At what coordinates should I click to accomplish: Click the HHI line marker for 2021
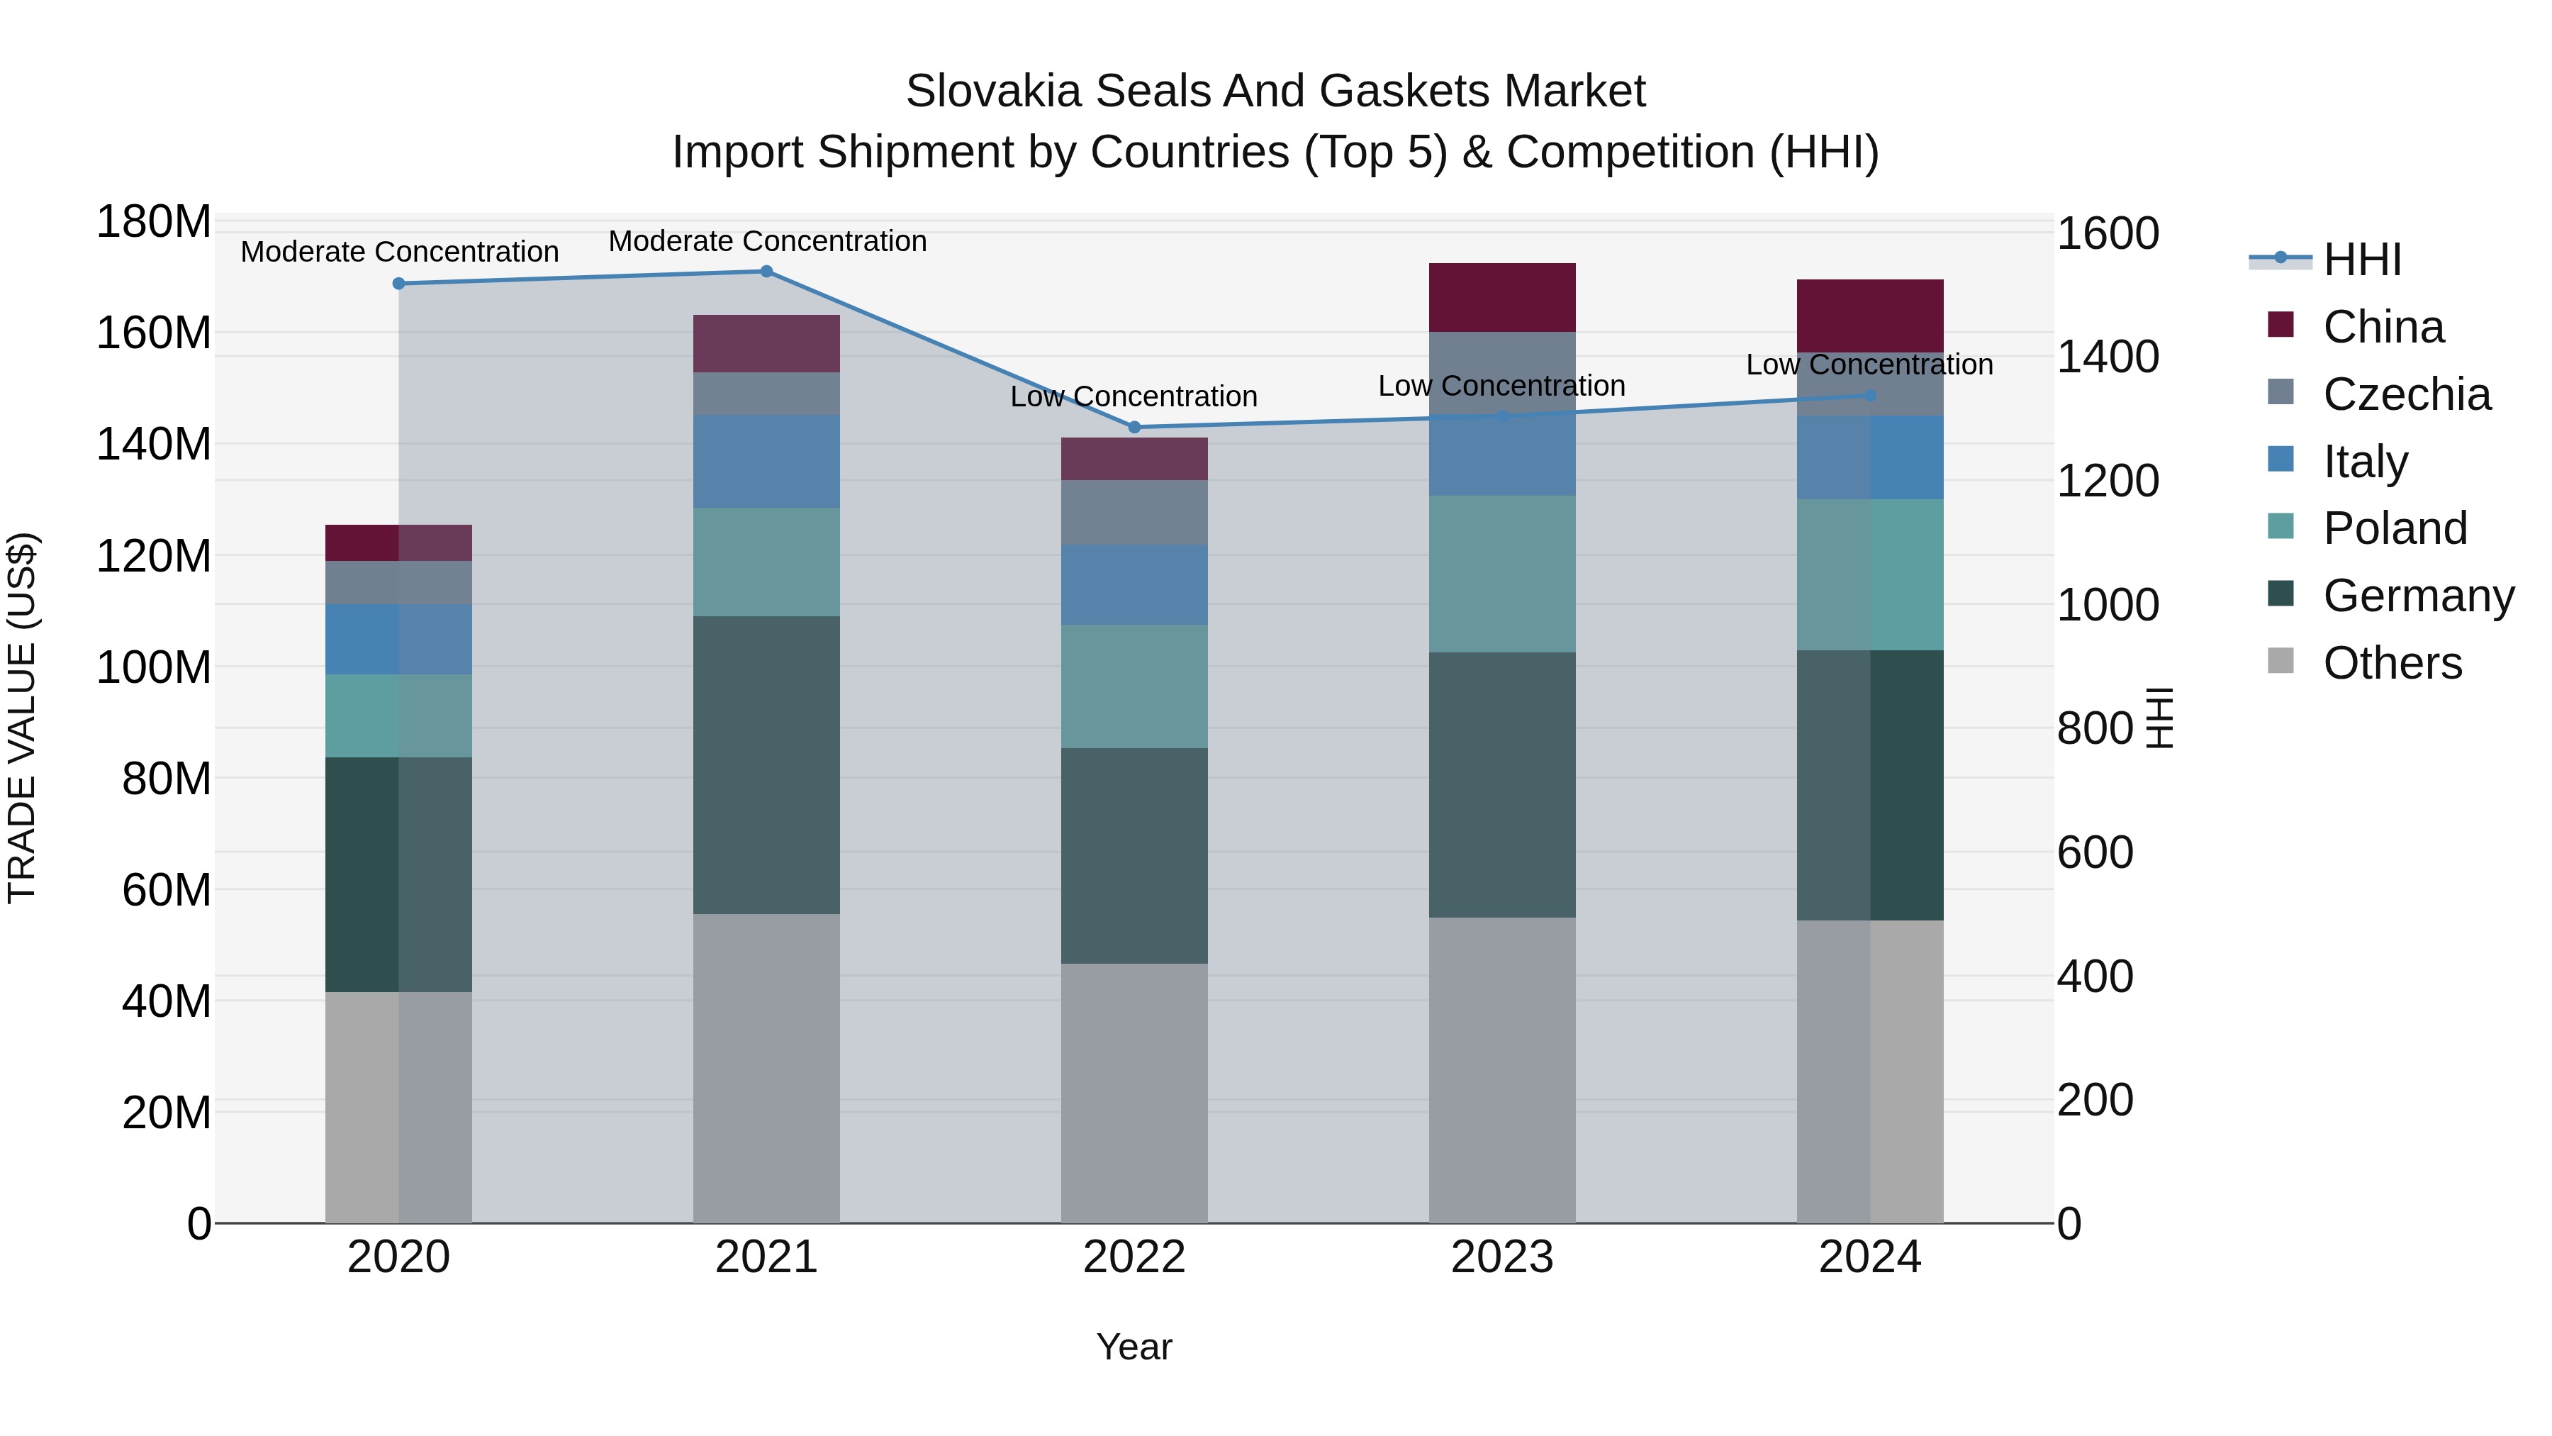[766, 272]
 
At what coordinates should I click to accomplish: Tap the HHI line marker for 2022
[1134, 427]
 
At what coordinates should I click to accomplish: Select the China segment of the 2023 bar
[1502, 297]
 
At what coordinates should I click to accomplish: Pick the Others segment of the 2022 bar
[1134, 1092]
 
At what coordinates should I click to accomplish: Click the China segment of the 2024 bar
[1869, 315]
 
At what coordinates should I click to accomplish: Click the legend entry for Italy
[2365, 462]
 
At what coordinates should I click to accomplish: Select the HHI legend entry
[2362, 260]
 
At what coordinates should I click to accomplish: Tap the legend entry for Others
[2392, 663]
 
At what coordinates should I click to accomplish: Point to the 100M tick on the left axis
[154, 667]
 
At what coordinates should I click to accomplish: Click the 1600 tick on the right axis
[2108, 234]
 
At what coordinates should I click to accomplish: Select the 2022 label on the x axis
[1134, 1257]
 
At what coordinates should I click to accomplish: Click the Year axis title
[1134, 1347]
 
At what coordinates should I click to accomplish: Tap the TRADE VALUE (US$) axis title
[22, 718]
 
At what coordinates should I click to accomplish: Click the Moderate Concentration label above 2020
[399, 252]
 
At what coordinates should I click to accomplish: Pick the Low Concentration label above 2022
[1134, 396]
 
